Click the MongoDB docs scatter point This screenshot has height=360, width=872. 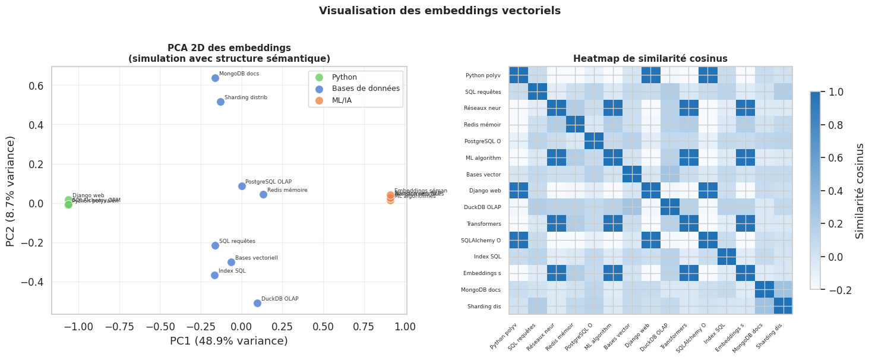[215, 78]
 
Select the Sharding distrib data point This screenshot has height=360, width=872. [220, 102]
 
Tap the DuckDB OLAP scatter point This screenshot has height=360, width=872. [257, 303]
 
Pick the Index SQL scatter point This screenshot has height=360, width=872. [214, 275]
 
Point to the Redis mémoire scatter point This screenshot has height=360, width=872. [263, 194]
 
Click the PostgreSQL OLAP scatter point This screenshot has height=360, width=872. [242, 186]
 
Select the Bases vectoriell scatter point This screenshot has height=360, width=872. [231, 262]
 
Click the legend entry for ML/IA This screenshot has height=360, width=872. [342, 100]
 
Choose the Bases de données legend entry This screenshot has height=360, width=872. [365, 89]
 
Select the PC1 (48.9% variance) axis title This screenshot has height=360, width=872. [229, 341]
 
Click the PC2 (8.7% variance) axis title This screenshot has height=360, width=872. [11, 191]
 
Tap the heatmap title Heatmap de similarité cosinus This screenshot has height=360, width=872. [650, 58]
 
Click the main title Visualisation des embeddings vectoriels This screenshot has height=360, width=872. [440, 11]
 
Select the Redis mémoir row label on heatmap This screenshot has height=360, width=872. [482, 125]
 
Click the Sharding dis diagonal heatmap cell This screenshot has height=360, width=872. [782, 306]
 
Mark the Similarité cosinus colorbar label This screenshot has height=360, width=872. [859, 191]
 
